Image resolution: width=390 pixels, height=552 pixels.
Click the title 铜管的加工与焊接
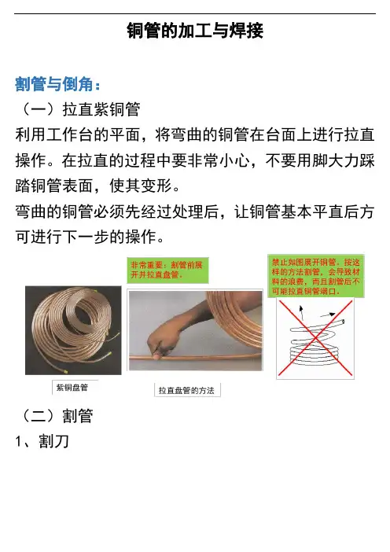[x=195, y=31]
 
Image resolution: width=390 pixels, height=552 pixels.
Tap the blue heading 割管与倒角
[x=57, y=84]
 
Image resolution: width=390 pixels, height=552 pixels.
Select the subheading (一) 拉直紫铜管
[x=80, y=109]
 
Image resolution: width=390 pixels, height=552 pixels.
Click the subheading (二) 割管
[x=57, y=416]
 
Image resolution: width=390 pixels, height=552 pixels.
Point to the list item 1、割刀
[x=42, y=441]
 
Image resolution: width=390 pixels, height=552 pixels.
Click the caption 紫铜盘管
[x=72, y=388]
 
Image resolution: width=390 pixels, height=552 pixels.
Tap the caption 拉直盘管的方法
[x=186, y=391]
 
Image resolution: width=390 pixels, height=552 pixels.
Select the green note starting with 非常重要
[x=167, y=270]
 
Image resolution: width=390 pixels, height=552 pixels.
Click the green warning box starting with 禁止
[x=316, y=276]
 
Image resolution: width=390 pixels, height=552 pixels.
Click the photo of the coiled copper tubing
[x=73, y=330]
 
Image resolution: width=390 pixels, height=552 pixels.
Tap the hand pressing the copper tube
[x=159, y=344]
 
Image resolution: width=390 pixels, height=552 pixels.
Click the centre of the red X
[x=315, y=338]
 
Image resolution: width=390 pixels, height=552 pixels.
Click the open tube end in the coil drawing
[x=342, y=322]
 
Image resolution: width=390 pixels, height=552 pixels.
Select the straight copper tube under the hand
[x=195, y=357]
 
